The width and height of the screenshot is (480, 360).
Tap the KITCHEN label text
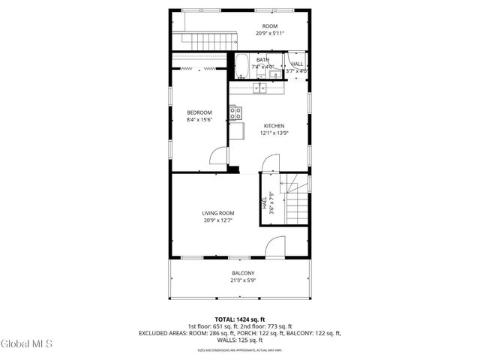(x=273, y=125)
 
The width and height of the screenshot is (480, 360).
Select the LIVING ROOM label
(x=218, y=213)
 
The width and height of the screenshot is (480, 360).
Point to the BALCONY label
(x=242, y=273)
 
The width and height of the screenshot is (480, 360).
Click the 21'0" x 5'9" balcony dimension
(x=242, y=280)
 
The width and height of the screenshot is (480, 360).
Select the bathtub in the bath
(x=242, y=66)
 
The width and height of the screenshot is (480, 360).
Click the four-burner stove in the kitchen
(x=235, y=113)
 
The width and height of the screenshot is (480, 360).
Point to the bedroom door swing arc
(x=217, y=155)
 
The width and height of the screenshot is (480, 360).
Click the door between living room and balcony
(x=276, y=247)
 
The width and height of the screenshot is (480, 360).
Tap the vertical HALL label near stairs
(x=265, y=202)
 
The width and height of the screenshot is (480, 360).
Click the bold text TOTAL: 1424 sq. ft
(x=240, y=318)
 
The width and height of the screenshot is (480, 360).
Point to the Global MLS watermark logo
(x=27, y=343)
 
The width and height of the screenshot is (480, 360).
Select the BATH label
(x=262, y=60)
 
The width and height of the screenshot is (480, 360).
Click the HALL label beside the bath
(x=297, y=65)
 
